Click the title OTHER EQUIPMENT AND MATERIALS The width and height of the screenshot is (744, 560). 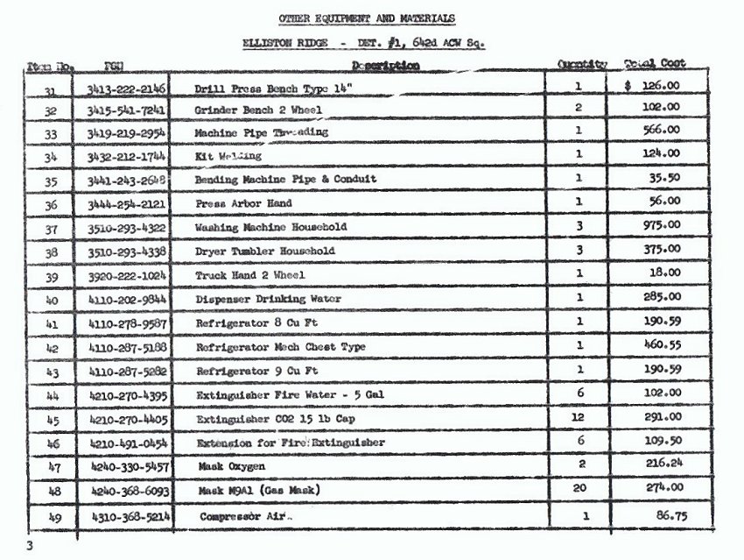tap(367, 19)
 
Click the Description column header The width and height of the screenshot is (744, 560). tap(385, 66)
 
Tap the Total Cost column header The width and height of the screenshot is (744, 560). tap(655, 64)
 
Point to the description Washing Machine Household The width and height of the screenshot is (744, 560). tap(270, 227)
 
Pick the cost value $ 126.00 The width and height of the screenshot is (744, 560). tap(653, 86)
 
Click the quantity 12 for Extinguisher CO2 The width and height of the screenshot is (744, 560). tap(578, 417)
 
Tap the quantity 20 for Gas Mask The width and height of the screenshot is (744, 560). tap(578, 487)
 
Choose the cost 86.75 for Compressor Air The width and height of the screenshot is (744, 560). tap(670, 516)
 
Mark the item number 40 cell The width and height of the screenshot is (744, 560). tap(50, 300)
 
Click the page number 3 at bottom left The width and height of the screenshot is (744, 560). tap(29, 546)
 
